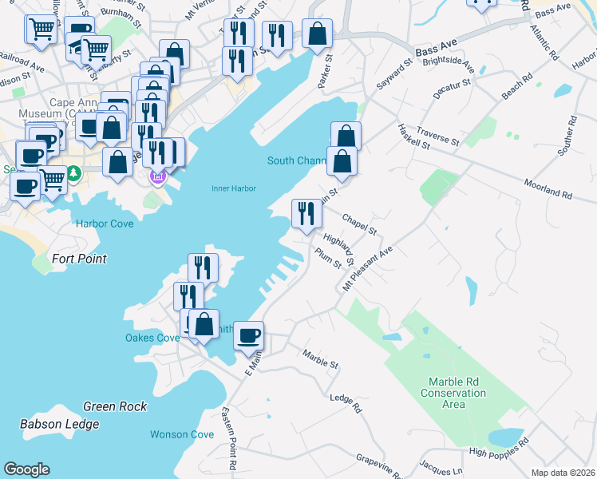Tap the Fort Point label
point(79,259)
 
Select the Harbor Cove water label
point(104,224)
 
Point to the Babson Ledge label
point(60,424)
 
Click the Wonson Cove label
point(182,434)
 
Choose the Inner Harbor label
point(231,188)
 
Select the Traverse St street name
point(437,138)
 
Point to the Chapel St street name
point(359,224)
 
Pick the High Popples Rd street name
point(500,449)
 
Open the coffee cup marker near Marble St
point(248,335)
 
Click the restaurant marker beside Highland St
point(306,213)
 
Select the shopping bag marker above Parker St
point(317,34)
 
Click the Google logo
point(26,469)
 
